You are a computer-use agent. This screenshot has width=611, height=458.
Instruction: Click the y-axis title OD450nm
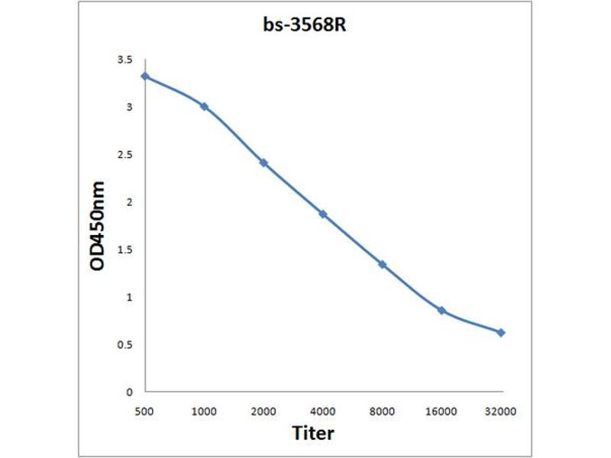(x=97, y=226)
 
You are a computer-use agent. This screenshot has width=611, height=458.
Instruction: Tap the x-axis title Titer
(x=313, y=433)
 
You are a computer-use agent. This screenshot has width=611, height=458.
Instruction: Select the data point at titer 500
(x=144, y=76)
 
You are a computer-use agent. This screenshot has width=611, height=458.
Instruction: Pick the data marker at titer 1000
(x=204, y=106)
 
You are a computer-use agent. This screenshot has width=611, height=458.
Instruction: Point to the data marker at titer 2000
(x=263, y=163)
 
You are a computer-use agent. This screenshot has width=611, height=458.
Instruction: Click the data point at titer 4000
(x=323, y=214)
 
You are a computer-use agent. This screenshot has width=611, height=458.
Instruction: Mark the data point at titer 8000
(x=382, y=265)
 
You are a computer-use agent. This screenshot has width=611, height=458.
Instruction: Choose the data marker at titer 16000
(x=441, y=311)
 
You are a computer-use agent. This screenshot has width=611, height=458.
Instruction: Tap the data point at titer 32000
(x=501, y=333)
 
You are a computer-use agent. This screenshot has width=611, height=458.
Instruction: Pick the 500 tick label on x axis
(x=144, y=411)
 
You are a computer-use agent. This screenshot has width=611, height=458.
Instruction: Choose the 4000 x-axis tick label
(x=323, y=411)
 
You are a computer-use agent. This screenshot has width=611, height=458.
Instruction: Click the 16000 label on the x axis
(x=441, y=411)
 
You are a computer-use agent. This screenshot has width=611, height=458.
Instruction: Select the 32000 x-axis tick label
(x=501, y=411)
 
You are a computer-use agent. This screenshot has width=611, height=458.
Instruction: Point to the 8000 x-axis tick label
(x=382, y=411)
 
